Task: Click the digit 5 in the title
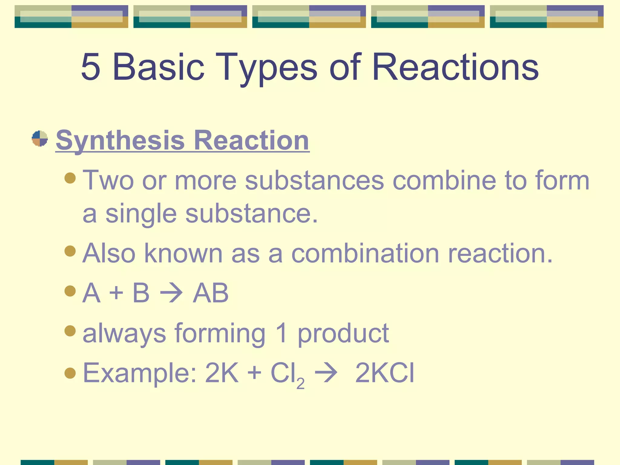91,67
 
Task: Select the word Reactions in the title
455,67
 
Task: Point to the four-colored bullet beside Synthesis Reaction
40,139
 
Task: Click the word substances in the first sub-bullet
315,180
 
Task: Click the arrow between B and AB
171,293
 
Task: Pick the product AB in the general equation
211,293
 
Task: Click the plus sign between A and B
116,293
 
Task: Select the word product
343,333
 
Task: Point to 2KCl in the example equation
384,373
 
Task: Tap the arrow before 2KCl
326,373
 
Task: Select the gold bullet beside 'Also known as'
70,251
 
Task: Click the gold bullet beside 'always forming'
70,331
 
